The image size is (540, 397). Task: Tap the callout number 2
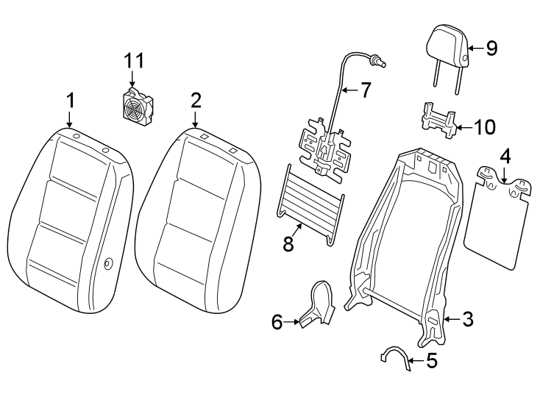click(x=195, y=99)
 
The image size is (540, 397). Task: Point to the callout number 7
click(x=365, y=90)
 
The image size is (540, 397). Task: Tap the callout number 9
click(x=491, y=49)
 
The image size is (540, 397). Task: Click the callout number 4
click(x=505, y=157)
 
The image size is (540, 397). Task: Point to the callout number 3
click(x=468, y=319)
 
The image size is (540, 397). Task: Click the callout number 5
click(x=431, y=361)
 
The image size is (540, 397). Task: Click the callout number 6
click(x=277, y=321)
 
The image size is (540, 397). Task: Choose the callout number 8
click(x=288, y=244)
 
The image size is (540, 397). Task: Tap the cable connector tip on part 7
click(x=380, y=61)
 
